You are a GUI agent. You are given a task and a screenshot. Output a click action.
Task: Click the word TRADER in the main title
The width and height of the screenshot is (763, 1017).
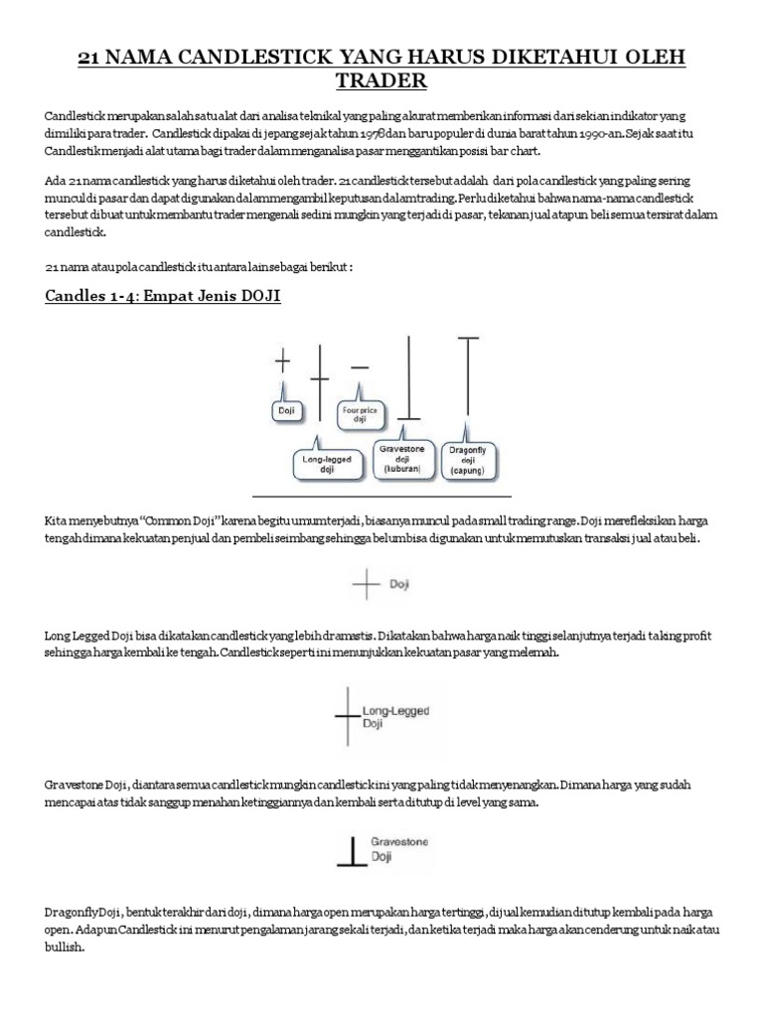coord(381,77)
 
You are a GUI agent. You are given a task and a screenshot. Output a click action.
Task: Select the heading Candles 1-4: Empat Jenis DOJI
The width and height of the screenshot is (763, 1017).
coord(163,297)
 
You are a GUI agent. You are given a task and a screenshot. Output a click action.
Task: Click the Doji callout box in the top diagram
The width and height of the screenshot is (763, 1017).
coord(284,408)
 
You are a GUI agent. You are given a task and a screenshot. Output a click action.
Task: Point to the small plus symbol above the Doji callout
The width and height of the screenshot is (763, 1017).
coord(283,362)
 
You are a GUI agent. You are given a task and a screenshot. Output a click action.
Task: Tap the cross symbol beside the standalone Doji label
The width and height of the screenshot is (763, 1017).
coord(367,586)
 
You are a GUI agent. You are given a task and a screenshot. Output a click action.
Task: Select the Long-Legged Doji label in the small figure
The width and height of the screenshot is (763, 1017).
coord(388,717)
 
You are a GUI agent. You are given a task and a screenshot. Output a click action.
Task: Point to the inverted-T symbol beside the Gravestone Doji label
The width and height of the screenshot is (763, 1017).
coord(352,850)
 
